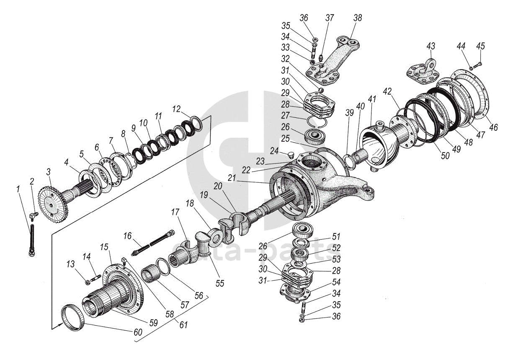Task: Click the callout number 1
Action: [x=18, y=190]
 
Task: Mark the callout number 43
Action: [x=431, y=46]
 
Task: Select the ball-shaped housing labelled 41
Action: [x=379, y=142]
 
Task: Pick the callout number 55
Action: [x=219, y=283]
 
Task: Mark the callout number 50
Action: [x=445, y=155]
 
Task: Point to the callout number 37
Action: [x=330, y=18]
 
